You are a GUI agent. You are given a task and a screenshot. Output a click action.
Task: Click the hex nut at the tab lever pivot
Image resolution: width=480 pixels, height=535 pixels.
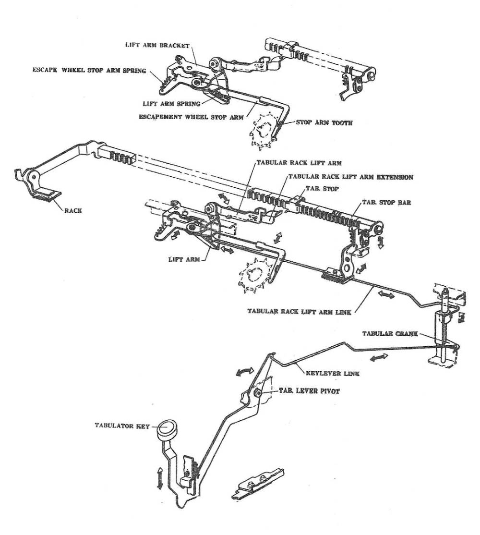tap(257, 394)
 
